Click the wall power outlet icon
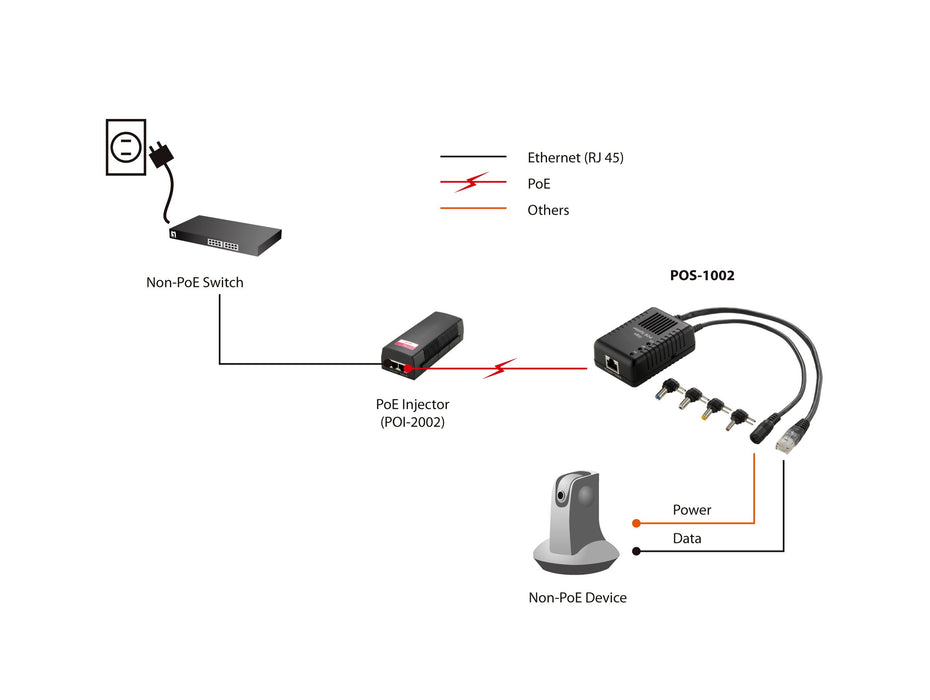126,147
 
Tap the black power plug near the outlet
160,156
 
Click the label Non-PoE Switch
195,282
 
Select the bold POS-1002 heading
702,275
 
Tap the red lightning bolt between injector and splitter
499,369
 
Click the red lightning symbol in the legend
472,183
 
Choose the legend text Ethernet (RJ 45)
575,157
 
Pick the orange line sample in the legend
473,209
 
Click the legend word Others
548,210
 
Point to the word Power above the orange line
692,510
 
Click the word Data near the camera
687,538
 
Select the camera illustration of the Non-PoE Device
572,525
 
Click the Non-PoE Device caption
578,597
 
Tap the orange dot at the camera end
635,522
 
